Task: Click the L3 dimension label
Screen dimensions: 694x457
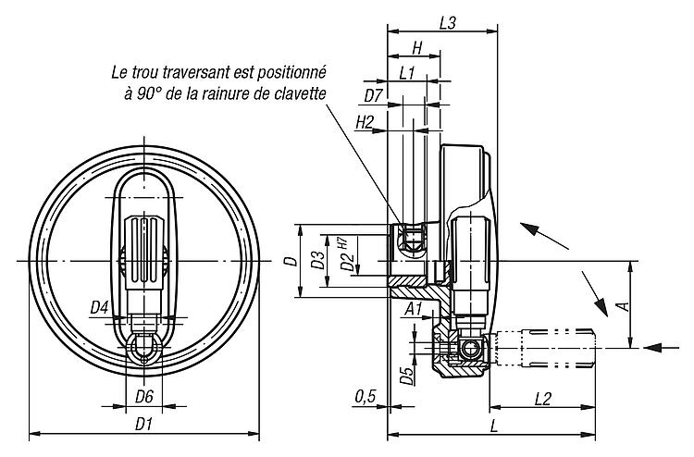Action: (x=448, y=23)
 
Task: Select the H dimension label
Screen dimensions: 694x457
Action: (x=417, y=48)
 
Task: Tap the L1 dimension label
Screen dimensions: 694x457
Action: (x=406, y=73)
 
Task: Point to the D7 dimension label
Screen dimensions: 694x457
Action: (x=373, y=96)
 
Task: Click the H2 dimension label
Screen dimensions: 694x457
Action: (x=365, y=122)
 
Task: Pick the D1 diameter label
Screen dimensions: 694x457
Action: (x=143, y=426)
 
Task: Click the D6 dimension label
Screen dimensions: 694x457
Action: (x=143, y=397)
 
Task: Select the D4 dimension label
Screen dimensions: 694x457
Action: (x=100, y=307)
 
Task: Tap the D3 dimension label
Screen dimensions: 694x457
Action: (x=317, y=260)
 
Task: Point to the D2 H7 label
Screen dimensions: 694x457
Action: (x=347, y=255)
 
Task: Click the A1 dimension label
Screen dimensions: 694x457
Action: (x=414, y=309)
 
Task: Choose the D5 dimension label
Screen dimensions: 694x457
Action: (x=406, y=376)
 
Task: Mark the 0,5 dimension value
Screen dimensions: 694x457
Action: (x=366, y=397)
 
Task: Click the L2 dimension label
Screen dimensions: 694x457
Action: (x=543, y=399)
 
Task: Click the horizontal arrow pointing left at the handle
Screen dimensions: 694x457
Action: (x=661, y=348)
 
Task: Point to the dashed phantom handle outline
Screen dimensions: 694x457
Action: (x=544, y=348)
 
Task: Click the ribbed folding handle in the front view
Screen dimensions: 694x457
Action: (x=143, y=253)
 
